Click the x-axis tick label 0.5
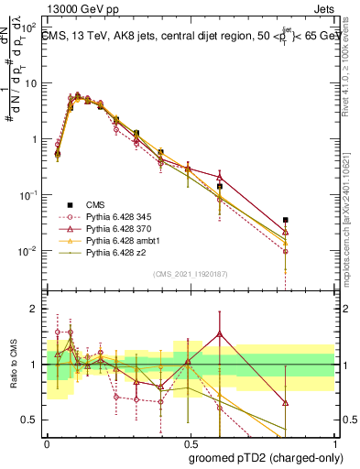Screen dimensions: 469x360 [x=191, y=441]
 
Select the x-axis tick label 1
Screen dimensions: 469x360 [x=334, y=441]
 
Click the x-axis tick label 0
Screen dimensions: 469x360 [x=47, y=441]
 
